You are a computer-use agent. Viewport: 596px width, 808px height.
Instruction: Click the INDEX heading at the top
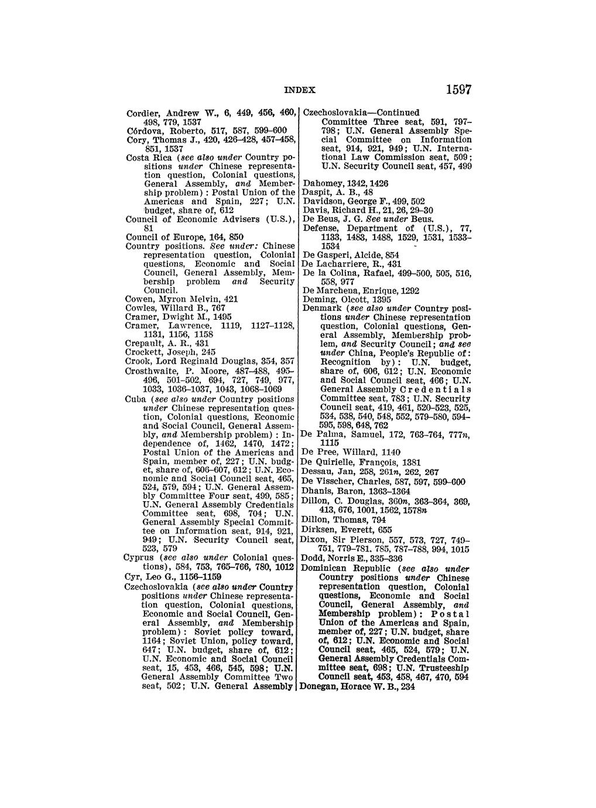[300, 91]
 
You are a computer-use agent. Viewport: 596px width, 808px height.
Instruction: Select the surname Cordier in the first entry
[141, 113]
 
